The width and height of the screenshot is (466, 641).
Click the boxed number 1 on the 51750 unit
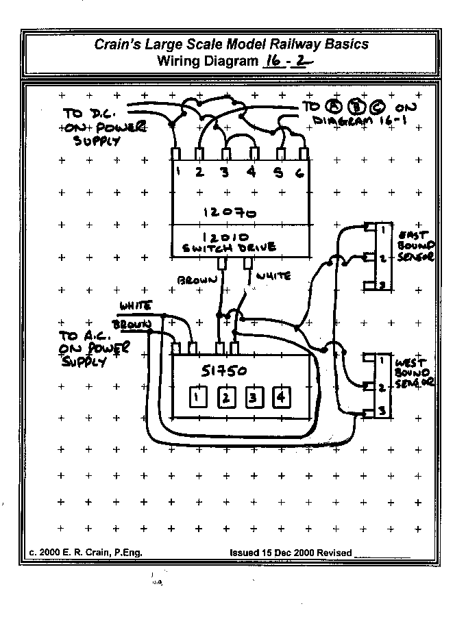[x=197, y=397]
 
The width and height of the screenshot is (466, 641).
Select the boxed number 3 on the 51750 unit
[x=253, y=397]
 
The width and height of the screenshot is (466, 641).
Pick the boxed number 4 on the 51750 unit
[x=281, y=397]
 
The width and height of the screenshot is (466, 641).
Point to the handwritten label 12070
[x=230, y=212]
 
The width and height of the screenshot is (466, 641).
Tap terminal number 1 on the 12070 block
[x=177, y=173]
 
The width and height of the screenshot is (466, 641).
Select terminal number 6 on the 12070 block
[x=299, y=173]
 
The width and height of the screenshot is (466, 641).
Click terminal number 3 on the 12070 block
[x=224, y=173]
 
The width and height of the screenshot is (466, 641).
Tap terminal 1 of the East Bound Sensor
[x=382, y=229]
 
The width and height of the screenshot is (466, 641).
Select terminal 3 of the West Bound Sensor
[x=382, y=411]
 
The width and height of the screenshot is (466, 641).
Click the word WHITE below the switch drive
[x=273, y=275]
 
